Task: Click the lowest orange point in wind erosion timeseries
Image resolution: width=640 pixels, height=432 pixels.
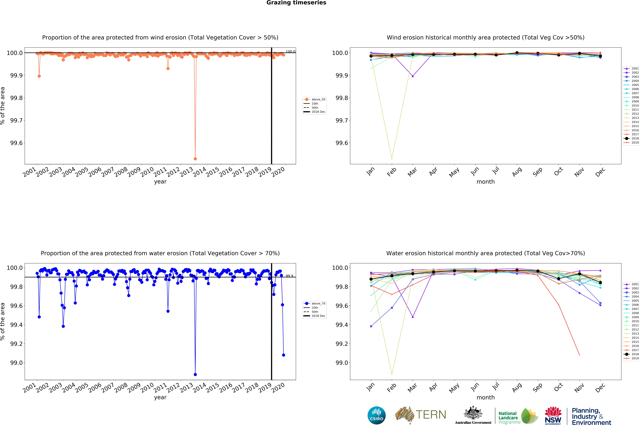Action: (x=195, y=159)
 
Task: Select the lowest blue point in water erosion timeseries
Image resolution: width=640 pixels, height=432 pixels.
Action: (x=195, y=375)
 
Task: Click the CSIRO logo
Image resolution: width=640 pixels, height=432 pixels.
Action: (x=376, y=415)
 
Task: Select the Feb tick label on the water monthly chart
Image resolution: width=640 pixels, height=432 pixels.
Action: (x=391, y=387)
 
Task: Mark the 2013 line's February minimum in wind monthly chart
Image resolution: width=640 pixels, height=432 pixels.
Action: (x=392, y=159)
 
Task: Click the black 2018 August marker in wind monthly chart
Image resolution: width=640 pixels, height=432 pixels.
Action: (x=517, y=53)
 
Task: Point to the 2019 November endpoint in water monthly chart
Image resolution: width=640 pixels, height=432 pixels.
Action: (x=579, y=355)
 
